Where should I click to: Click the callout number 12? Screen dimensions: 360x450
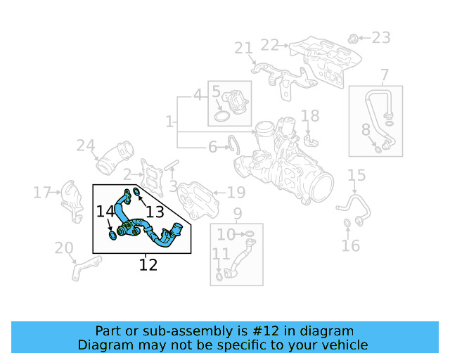[x=148, y=265]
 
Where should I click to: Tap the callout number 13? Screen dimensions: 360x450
[x=155, y=211]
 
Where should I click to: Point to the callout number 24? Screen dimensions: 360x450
[x=86, y=146]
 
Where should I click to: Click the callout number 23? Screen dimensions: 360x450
[x=380, y=37]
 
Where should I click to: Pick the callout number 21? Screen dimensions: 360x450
[x=243, y=48]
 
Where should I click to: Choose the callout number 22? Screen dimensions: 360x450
[x=269, y=44]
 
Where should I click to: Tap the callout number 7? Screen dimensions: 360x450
[x=384, y=75]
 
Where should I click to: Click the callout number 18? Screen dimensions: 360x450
[x=310, y=116]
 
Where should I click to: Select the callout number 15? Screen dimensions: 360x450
[x=356, y=175]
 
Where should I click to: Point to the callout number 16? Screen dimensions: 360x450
[x=350, y=245]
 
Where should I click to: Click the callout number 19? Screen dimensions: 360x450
[x=236, y=192]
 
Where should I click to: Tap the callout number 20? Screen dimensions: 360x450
[x=64, y=248]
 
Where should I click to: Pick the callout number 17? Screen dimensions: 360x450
[x=42, y=191]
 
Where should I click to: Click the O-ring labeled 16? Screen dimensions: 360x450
[x=347, y=224]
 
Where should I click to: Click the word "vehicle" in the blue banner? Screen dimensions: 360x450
[x=344, y=345]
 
